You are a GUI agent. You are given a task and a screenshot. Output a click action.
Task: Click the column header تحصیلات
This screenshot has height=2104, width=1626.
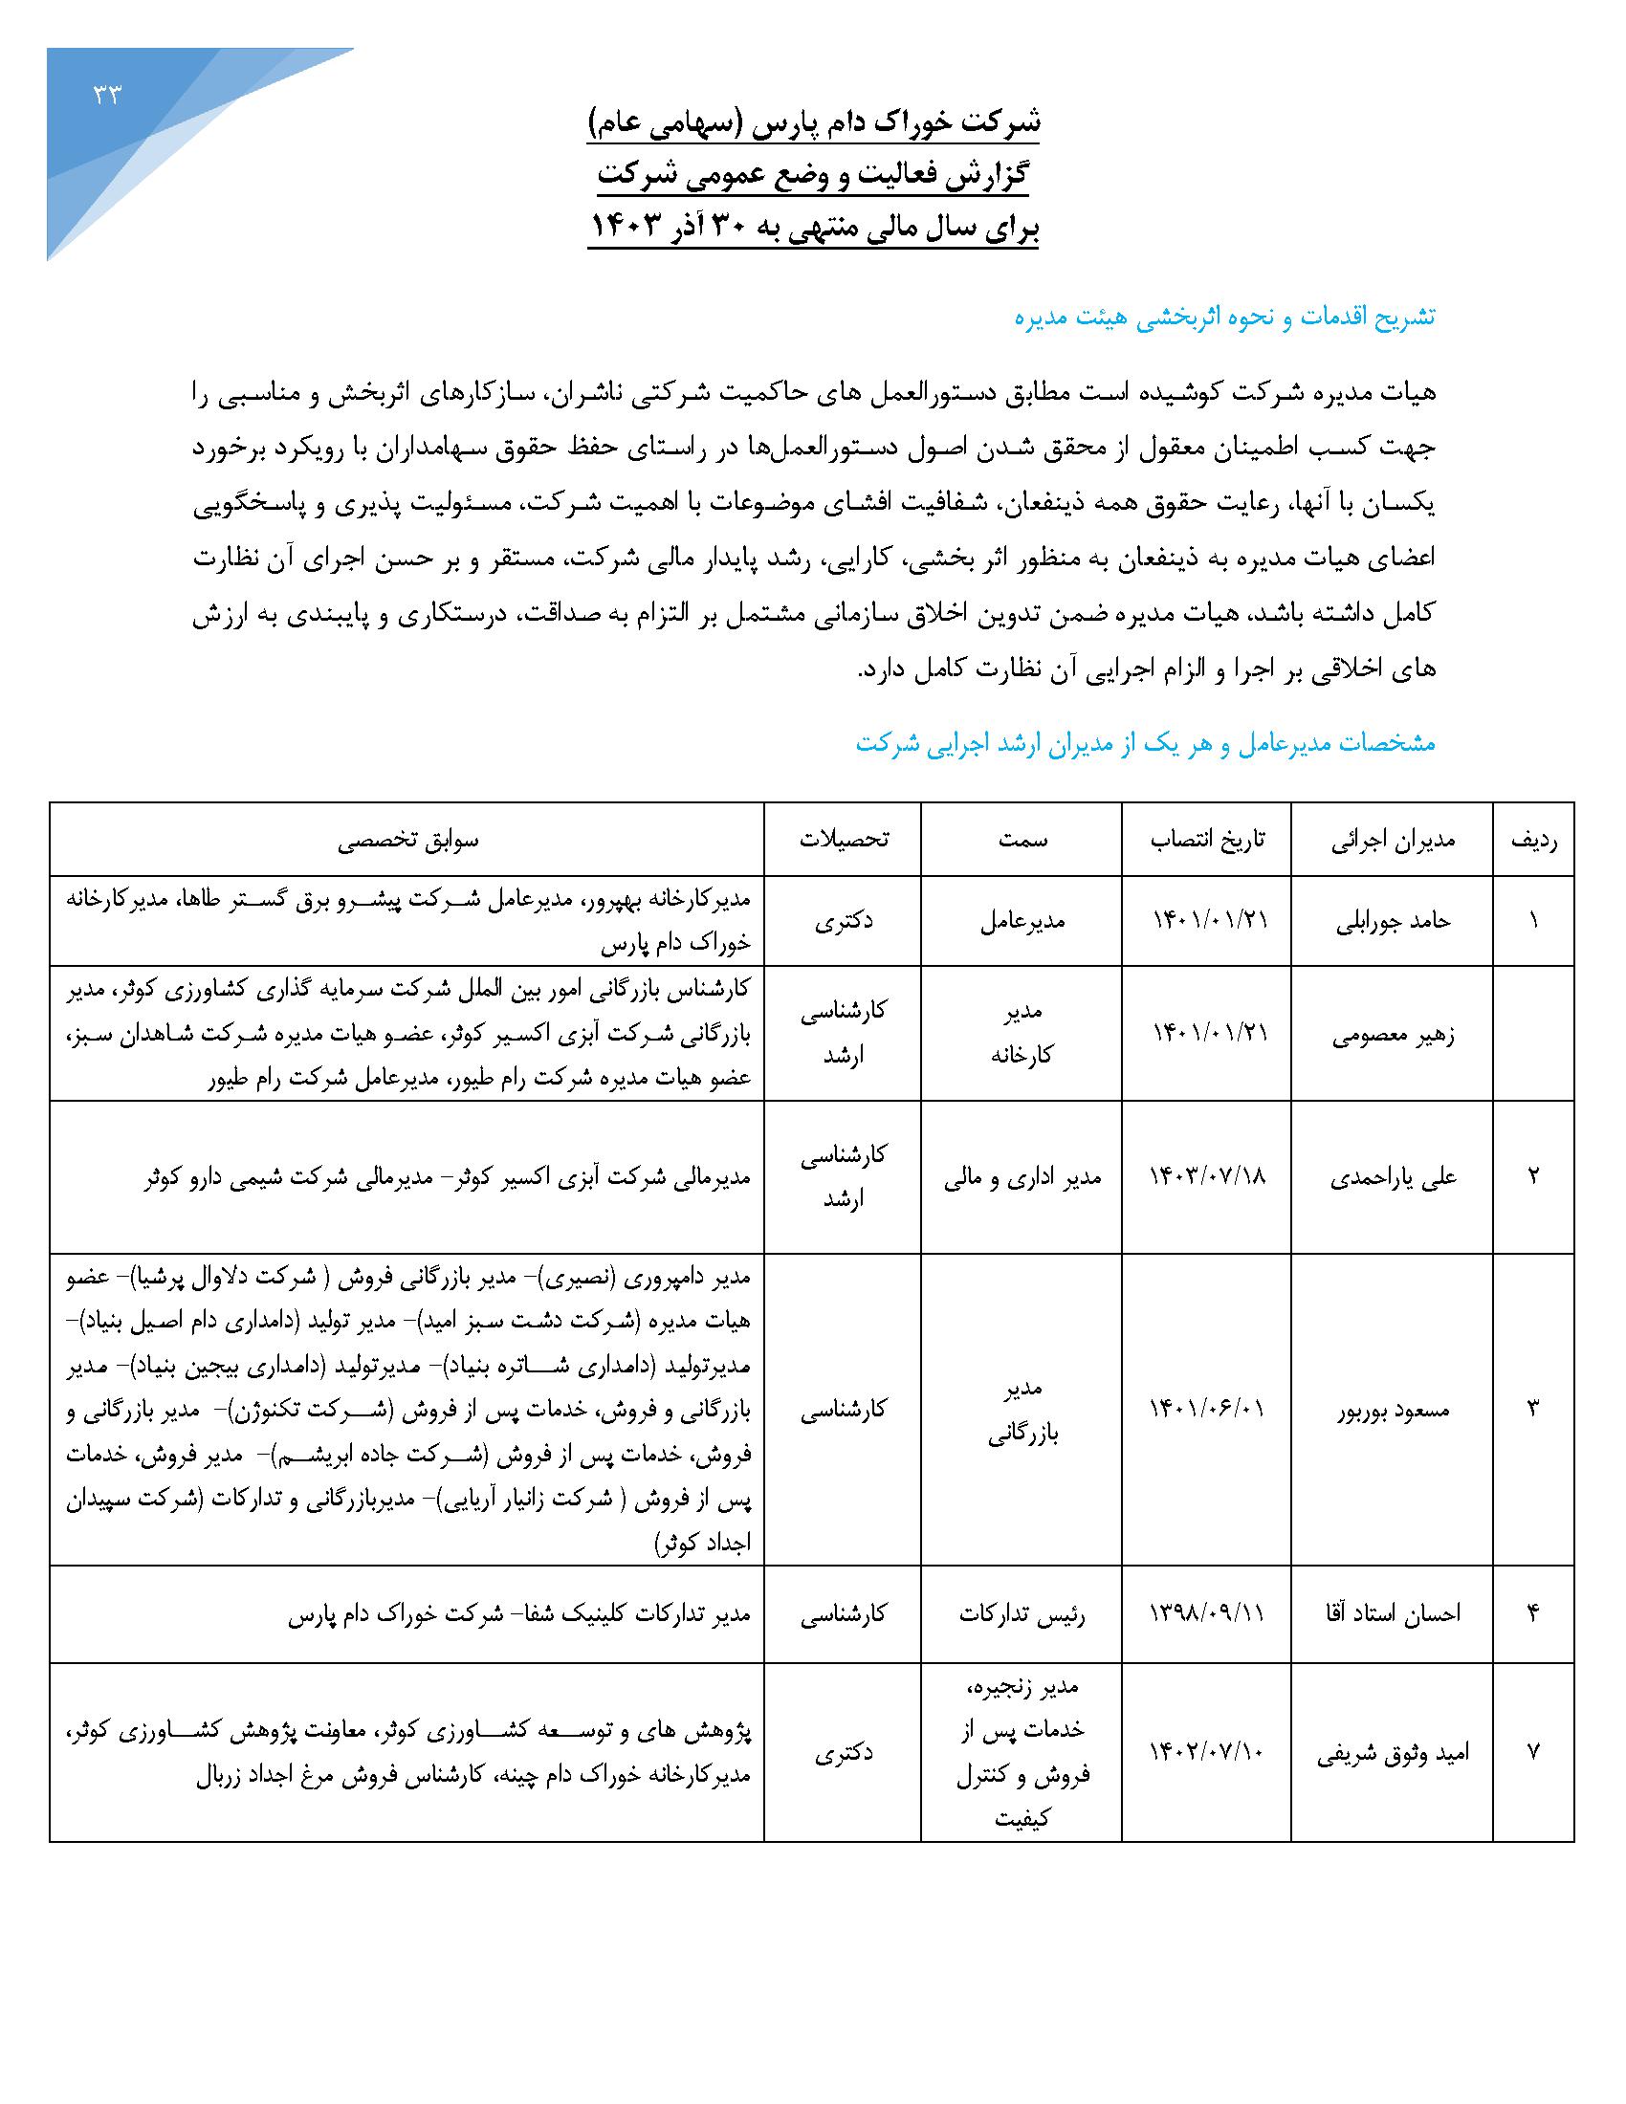844,839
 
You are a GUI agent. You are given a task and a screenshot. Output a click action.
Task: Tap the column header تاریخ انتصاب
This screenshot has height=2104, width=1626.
1208,839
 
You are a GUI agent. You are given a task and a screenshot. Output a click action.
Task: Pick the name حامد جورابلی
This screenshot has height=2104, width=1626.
1394,921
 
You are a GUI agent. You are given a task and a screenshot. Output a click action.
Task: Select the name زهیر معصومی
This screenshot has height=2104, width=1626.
1394,1035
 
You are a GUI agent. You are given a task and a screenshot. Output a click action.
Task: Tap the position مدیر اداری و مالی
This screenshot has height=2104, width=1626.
1022,1176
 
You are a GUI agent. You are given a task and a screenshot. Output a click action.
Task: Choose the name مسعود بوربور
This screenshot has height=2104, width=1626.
1394,1411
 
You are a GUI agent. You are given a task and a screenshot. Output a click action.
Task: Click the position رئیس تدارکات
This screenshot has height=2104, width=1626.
1022,1613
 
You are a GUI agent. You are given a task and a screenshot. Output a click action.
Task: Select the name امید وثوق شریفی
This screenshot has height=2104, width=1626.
1394,1752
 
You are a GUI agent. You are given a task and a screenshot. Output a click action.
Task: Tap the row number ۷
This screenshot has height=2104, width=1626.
1533,1752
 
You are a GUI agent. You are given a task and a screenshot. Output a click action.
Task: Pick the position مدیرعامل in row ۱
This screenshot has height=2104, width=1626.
1022,921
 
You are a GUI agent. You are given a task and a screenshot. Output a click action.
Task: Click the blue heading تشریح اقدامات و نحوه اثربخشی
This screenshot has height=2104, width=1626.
1224,317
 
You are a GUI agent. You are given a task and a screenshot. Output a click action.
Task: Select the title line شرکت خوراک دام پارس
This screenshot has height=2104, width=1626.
814,122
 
